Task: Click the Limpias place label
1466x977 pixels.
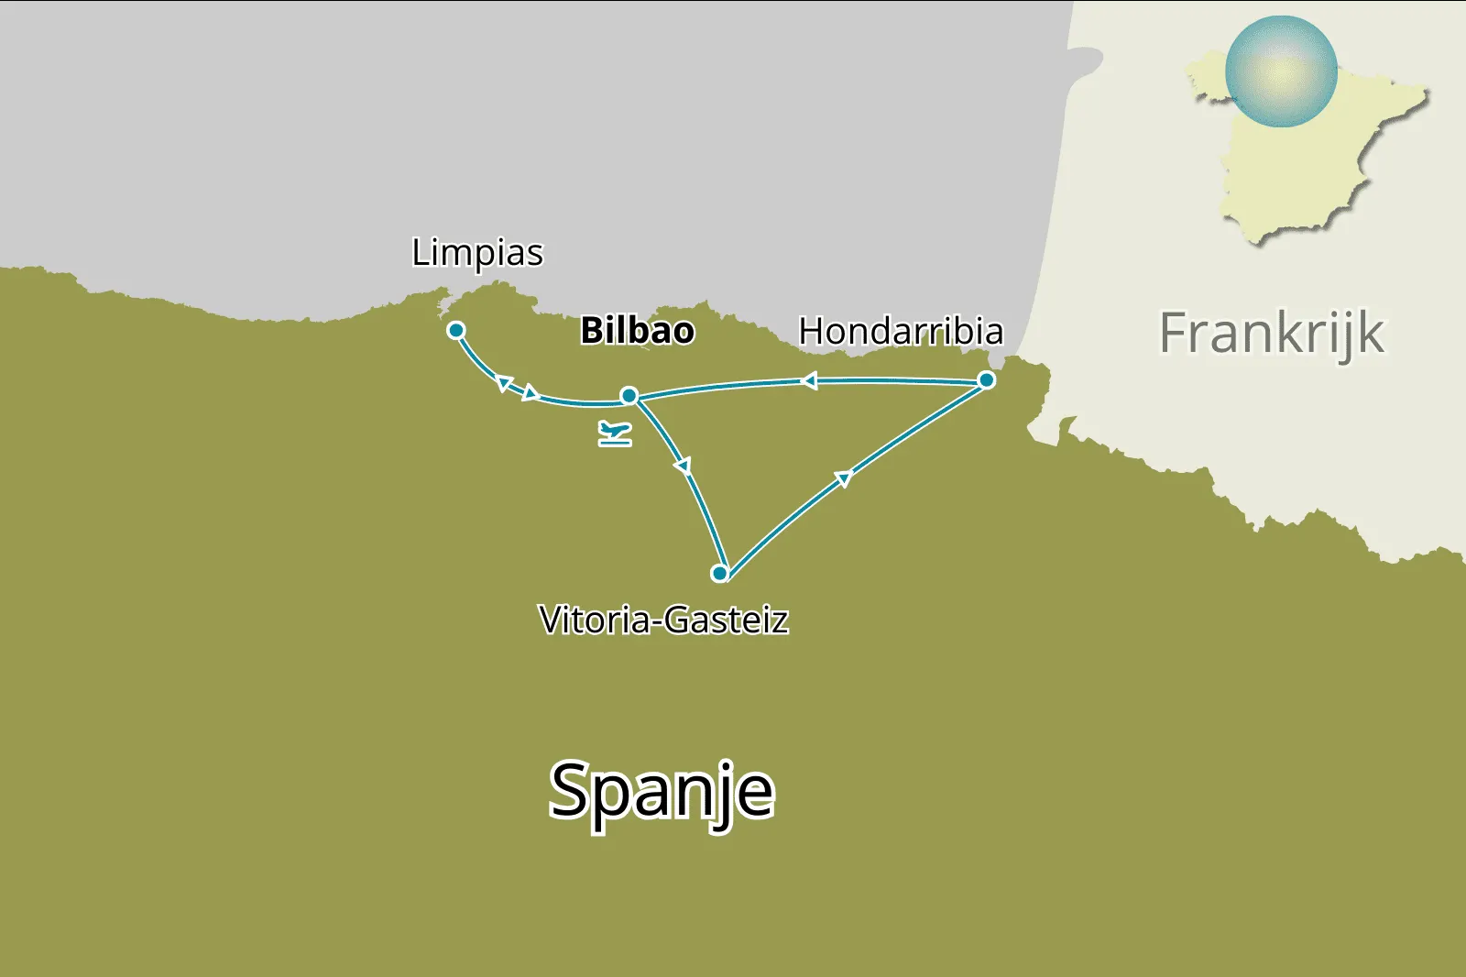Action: (x=477, y=253)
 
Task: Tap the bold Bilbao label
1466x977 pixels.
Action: (x=638, y=331)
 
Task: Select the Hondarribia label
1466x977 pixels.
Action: (x=901, y=332)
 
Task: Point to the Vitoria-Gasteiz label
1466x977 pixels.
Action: (x=663, y=620)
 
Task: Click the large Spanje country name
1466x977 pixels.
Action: (x=662, y=792)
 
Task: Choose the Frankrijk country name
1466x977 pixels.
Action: (x=1272, y=333)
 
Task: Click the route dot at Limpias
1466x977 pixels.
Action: (x=455, y=330)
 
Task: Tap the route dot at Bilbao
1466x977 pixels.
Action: (x=629, y=396)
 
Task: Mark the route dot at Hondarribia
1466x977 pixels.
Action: (x=986, y=379)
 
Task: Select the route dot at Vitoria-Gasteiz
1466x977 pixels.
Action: (x=719, y=574)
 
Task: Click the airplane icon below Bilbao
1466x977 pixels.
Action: (x=615, y=433)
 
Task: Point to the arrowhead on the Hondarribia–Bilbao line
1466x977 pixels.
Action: (x=809, y=381)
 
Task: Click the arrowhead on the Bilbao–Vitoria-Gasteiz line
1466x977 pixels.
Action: (x=683, y=467)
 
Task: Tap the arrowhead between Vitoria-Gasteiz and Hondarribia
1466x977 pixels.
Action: (x=844, y=478)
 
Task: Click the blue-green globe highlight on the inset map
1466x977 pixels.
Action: (x=1281, y=71)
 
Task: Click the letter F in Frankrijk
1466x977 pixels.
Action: (x=1176, y=333)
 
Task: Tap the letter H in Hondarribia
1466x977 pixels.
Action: (x=812, y=332)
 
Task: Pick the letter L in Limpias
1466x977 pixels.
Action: (x=420, y=252)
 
